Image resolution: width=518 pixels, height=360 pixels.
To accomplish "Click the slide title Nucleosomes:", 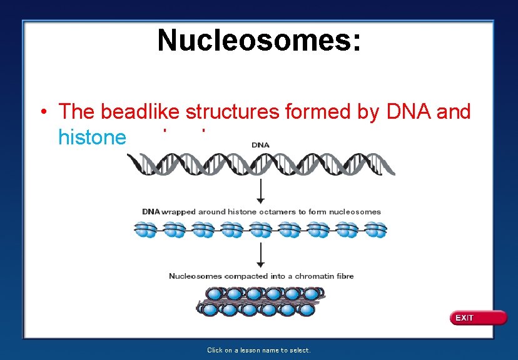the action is tap(259, 41).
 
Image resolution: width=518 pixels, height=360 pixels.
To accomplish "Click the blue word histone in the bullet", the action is tap(92, 137).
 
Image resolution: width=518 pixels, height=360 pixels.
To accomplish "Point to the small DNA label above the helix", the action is tap(260, 145).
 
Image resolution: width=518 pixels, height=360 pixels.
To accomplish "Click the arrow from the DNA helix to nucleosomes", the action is tap(260, 189).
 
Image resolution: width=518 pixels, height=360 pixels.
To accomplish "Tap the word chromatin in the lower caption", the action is tap(316, 276).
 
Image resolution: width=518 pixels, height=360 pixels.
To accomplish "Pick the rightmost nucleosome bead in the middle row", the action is tap(375, 230).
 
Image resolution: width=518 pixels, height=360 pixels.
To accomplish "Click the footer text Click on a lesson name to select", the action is tap(259, 350).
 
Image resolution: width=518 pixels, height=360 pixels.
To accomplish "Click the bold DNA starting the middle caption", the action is tap(151, 212).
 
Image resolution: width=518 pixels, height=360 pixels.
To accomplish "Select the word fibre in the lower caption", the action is tap(344, 276).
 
